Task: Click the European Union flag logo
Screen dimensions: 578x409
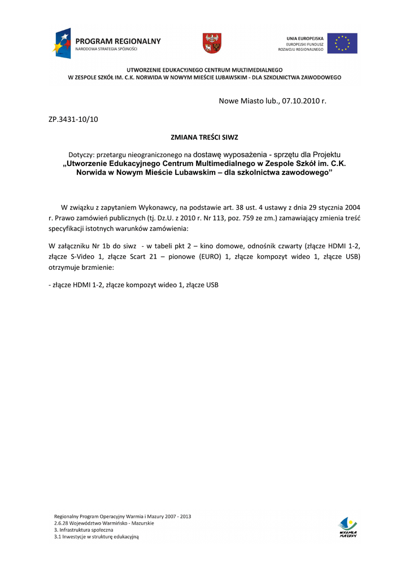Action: (342, 43)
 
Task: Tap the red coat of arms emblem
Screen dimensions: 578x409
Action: (212, 43)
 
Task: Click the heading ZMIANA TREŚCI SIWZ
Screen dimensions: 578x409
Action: (204, 137)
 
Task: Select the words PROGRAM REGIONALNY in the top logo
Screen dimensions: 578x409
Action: (118, 41)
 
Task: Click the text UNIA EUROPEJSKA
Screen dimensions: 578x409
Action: (305, 38)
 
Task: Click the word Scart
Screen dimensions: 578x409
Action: (137, 256)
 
